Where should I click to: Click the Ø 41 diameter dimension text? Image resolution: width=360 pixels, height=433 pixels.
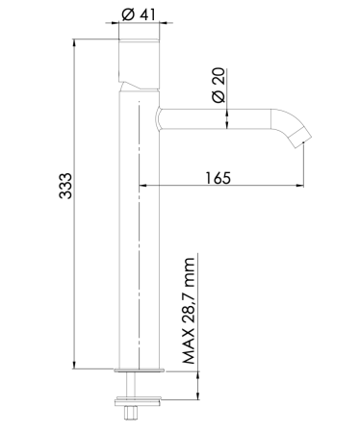[140, 15]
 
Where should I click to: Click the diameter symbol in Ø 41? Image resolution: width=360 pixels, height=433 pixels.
[129, 15]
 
